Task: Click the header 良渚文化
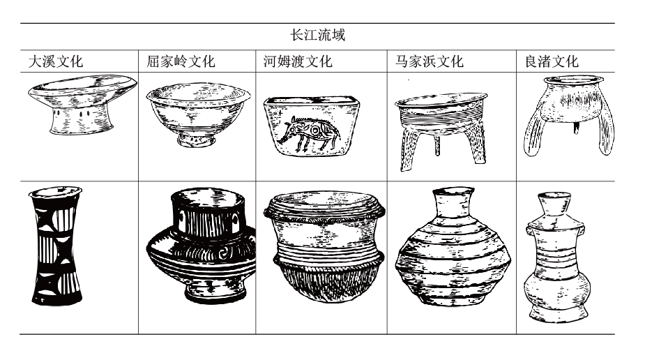551,61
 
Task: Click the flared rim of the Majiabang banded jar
453,193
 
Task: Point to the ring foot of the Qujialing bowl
197,141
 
